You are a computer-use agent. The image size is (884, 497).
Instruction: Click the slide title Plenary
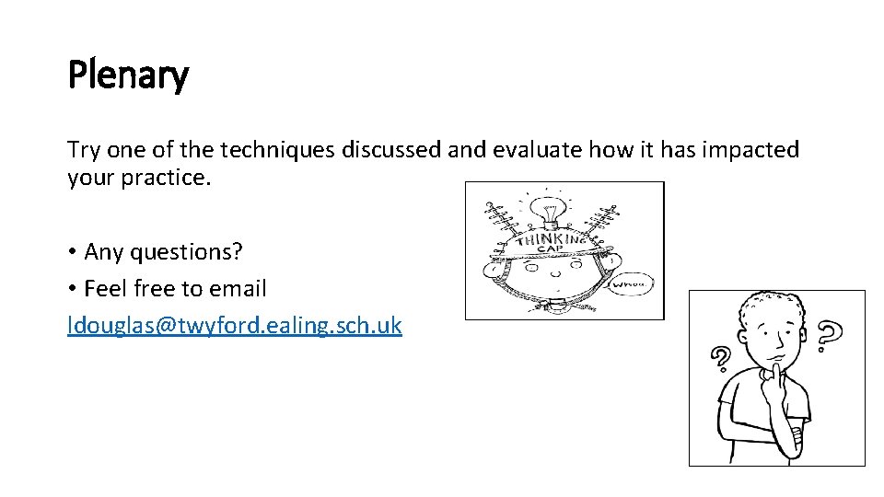128,75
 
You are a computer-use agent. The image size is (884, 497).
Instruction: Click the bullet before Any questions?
73,251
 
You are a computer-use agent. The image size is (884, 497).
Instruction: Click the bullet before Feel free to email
73,288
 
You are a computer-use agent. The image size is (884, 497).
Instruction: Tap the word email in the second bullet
238,288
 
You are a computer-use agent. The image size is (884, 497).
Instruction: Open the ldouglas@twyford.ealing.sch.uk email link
235,326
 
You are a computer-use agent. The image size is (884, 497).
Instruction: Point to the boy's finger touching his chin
775,369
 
